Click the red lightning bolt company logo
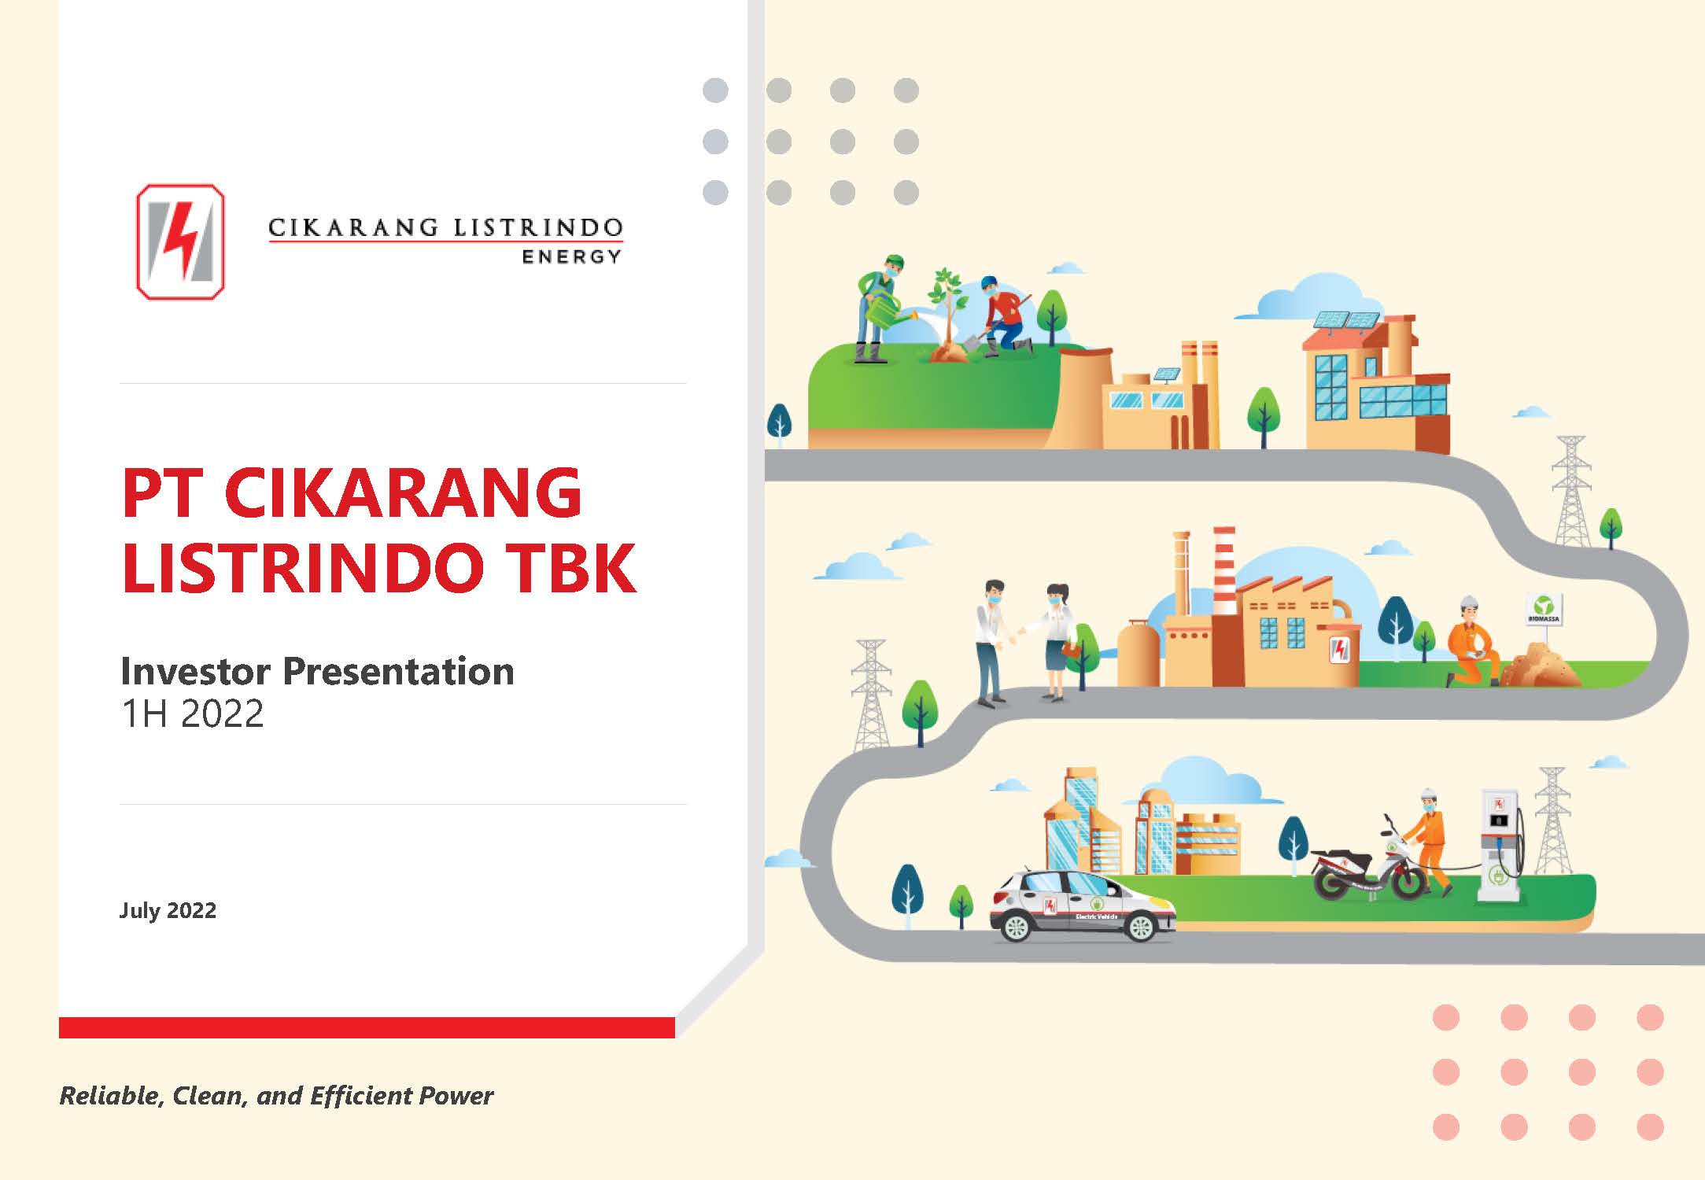coord(180,242)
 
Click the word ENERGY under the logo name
coord(572,256)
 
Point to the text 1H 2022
coord(192,714)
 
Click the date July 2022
coord(168,910)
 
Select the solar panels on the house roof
coord(1347,319)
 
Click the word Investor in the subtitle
coord(197,671)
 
